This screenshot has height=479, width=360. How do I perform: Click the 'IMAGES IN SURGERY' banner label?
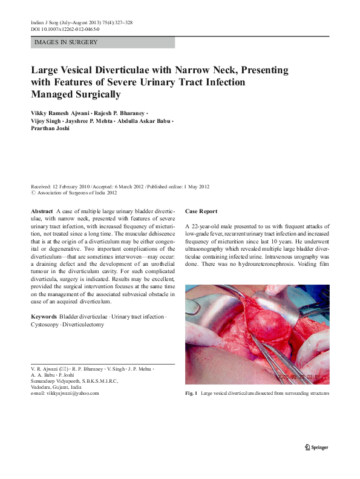[x=66, y=42]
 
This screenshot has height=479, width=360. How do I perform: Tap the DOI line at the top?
[x=65, y=28]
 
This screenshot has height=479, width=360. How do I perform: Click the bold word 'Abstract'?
[x=42, y=211]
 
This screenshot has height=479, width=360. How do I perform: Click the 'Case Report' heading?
[x=201, y=211]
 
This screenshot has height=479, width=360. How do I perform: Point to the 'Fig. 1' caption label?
[x=191, y=394]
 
